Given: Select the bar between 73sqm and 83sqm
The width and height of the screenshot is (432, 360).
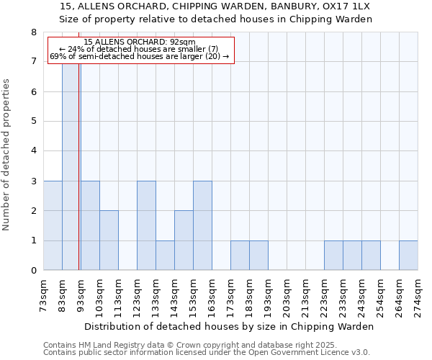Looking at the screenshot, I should click(53, 225).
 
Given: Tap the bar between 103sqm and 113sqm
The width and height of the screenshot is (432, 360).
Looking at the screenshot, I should click(109, 240).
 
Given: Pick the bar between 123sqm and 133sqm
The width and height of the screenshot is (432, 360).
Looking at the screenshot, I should click(146, 225).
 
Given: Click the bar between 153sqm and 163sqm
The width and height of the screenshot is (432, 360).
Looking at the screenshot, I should click(202, 225).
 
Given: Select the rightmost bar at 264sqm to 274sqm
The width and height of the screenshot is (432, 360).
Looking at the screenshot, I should click(408, 256).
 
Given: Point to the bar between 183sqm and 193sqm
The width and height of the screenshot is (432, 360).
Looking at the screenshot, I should click(258, 256).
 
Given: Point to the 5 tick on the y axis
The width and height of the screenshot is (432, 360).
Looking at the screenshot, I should click(33, 122).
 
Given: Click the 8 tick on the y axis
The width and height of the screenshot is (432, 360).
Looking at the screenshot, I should click(33, 32).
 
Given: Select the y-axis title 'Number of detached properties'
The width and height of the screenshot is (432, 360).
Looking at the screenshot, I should click(8, 154).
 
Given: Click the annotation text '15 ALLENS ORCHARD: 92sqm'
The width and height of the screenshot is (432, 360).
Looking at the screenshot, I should click(140, 42).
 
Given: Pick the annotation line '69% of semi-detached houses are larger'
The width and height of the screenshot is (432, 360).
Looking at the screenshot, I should click(140, 56).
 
